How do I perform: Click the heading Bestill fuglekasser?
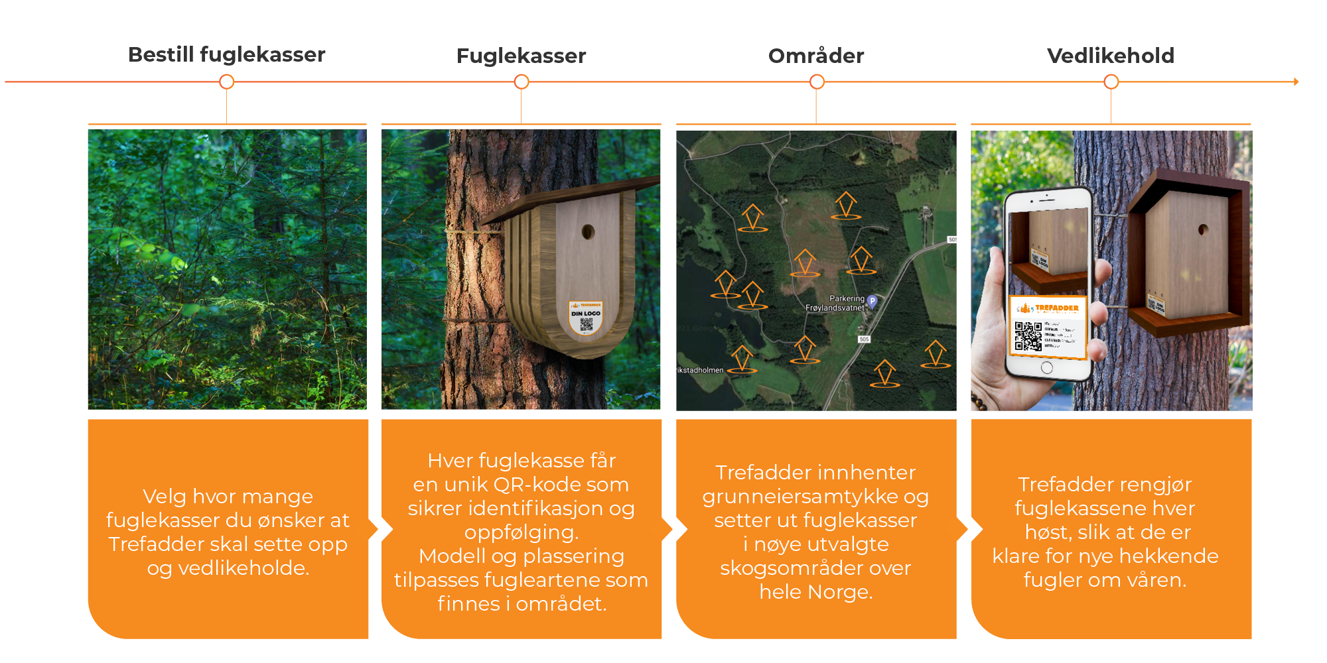pyautogui.click(x=226, y=54)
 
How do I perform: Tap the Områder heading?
pyautogui.click(x=816, y=56)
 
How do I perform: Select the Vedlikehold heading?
pyautogui.click(x=1110, y=56)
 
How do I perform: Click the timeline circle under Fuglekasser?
pyautogui.click(x=522, y=82)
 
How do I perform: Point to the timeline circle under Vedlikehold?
pyautogui.click(x=1111, y=82)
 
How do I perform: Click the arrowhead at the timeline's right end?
pyautogui.click(x=1296, y=82)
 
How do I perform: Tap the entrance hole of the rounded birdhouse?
pyautogui.click(x=587, y=232)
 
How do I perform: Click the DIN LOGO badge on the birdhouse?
pyautogui.click(x=585, y=318)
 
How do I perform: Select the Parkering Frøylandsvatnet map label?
pyautogui.click(x=835, y=303)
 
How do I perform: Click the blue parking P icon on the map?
pyautogui.click(x=873, y=301)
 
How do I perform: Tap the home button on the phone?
pyautogui.click(x=1047, y=367)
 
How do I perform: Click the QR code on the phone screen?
pyautogui.click(x=1028, y=335)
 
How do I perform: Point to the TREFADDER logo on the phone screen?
pyautogui.click(x=1056, y=308)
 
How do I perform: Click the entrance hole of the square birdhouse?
pyautogui.click(x=1203, y=231)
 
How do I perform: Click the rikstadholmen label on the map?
pyautogui.click(x=700, y=370)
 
